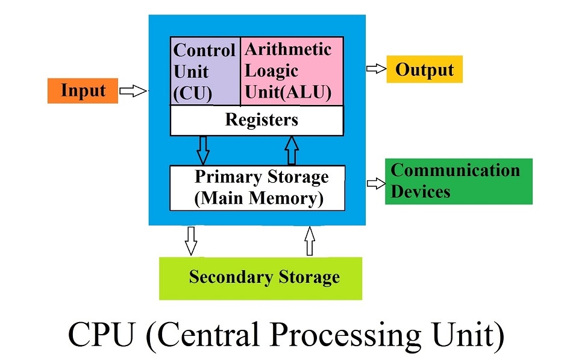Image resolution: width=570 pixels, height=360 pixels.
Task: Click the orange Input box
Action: click(83, 91)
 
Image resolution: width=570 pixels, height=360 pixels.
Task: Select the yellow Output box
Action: click(424, 69)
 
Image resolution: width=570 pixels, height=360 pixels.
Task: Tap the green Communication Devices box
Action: click(459, 181)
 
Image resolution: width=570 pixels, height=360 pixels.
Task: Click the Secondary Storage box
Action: click(260, 278)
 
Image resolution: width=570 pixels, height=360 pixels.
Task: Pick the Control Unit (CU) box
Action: click(205, 71)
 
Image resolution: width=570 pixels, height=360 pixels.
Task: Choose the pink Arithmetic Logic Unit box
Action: click(292, 71)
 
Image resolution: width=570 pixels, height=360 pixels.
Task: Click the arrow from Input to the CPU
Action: click(133, 92)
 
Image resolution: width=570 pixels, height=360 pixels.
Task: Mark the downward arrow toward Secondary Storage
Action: click(191, 241)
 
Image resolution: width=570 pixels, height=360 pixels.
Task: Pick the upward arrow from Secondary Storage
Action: click(310, 241)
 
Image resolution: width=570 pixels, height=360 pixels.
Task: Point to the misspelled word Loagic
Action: click(272, 71)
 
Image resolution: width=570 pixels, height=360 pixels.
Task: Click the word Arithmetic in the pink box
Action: click(288, 49)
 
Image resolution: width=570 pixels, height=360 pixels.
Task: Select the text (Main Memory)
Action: click(259, 198)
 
